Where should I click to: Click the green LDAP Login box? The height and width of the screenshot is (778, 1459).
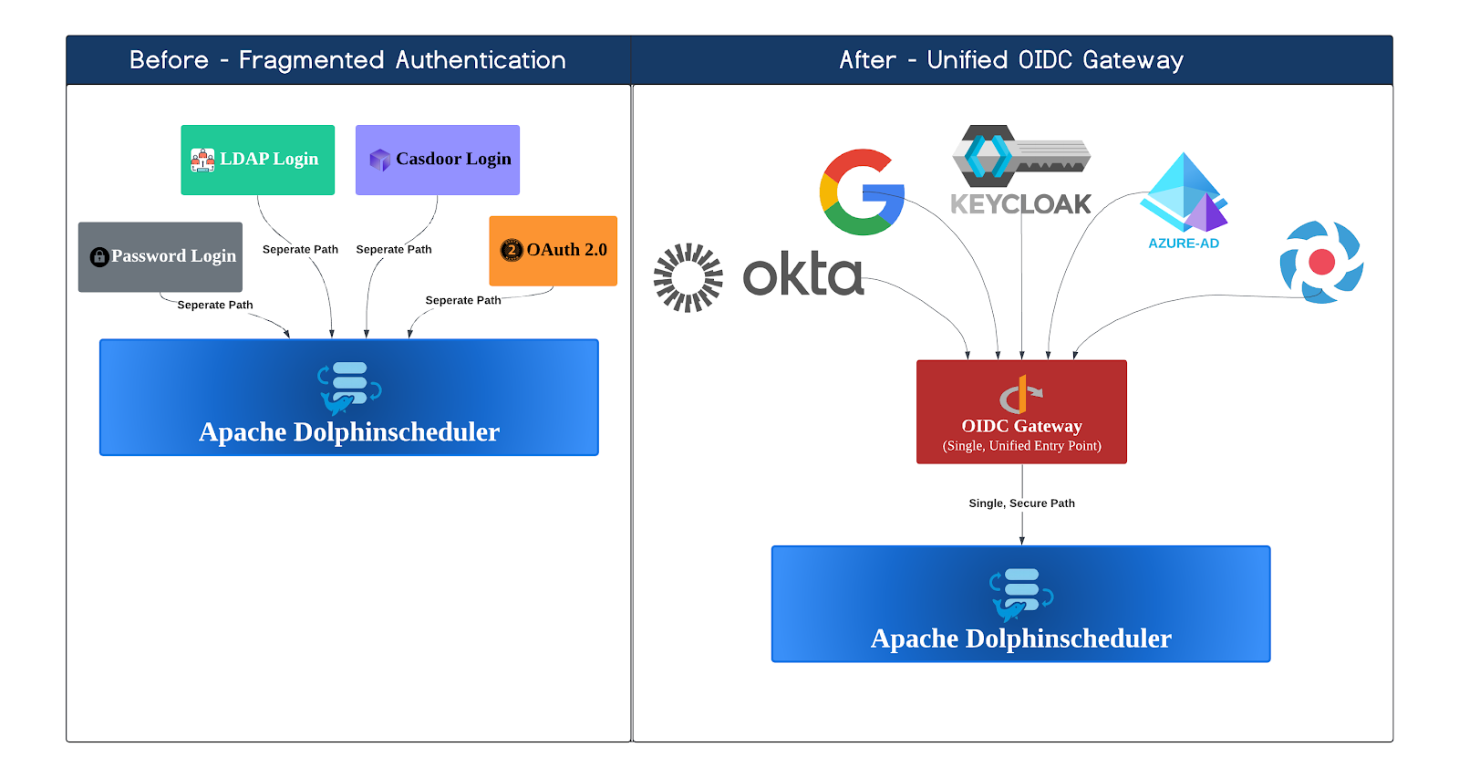point(257,160)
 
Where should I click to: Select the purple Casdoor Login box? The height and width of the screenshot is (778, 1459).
point(437,160)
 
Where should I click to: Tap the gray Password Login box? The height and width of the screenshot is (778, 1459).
point(160,256)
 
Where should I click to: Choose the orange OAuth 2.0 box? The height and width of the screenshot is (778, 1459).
point(553,251)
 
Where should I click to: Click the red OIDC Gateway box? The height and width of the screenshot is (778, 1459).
point(1021,412)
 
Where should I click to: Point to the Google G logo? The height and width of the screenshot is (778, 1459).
point(861,192)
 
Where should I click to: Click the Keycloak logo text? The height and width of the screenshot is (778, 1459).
point(1020,204)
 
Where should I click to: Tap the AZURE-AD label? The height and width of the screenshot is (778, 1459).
point(1183,244)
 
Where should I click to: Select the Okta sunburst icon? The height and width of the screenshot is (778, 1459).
point(688,277)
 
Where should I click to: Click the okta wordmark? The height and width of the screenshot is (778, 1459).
point(802,275)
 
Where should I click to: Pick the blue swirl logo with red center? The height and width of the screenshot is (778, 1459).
point(1321,263)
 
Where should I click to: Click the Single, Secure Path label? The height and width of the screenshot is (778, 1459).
point(1021,503)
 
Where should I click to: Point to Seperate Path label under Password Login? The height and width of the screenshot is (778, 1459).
point(214,305)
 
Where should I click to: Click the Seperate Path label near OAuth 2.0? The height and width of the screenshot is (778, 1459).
point(462,300)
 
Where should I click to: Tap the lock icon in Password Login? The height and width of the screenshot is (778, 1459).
point(99,257)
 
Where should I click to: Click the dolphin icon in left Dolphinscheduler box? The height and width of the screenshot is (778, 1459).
point(348,389)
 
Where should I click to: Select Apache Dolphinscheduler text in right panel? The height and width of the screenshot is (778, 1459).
point(1020,638)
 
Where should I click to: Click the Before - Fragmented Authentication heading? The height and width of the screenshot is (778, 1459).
point(347,60)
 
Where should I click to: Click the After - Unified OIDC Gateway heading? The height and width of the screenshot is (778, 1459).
point(1011,60)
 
